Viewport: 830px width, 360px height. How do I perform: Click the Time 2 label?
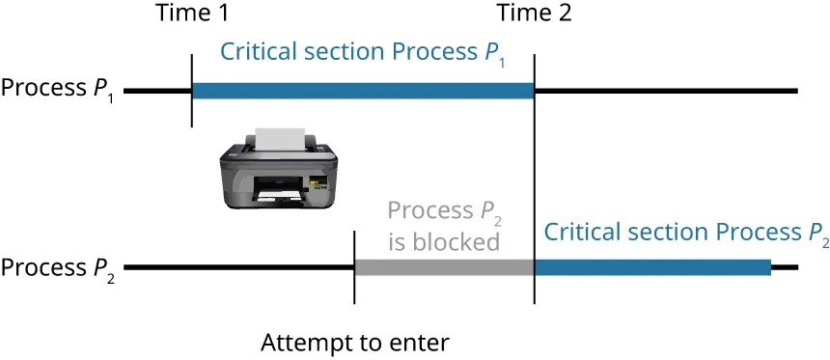click(x=534, y=14)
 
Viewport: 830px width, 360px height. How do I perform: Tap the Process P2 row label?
click(x=59, y=267)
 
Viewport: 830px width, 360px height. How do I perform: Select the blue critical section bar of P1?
click(x=362, y=91)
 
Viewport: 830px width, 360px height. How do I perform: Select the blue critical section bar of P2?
click(x=652, y=267)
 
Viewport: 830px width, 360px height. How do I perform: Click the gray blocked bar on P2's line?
click(x=444, y=267)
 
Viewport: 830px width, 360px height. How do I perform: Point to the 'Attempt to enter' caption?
click(x=355, y=343)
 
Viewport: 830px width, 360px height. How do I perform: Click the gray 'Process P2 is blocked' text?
click(x=444, y=225)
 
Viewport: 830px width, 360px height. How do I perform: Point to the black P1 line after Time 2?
click(x=666, y=91)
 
